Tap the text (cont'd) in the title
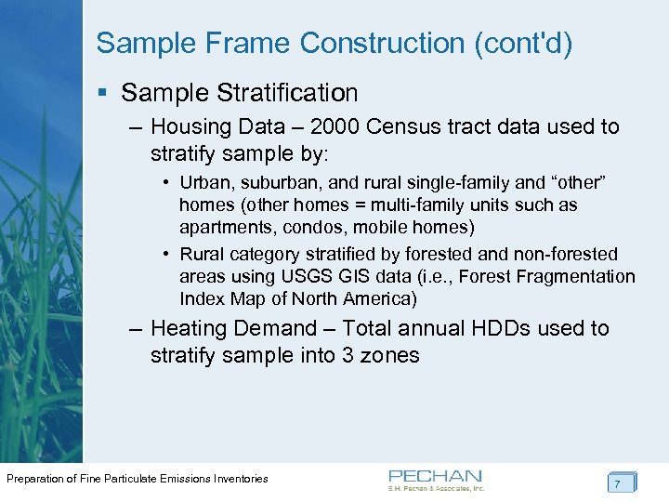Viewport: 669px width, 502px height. [x=525, y=44]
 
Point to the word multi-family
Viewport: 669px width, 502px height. [x=410, y=205]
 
